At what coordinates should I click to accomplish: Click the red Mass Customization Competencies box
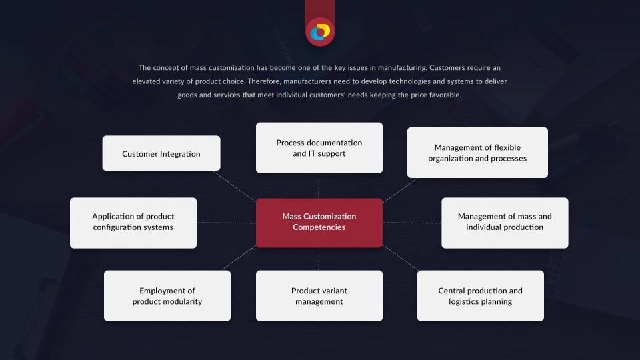click(319, 223)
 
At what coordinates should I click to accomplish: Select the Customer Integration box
click(161, 153)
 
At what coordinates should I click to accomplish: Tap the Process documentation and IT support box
click(319, 148)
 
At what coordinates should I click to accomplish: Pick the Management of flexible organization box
click(477, 153)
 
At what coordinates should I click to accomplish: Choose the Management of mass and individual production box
click(505, 223)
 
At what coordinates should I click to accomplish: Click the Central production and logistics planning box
click(481, 296)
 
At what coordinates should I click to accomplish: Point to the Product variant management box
click(319, 296)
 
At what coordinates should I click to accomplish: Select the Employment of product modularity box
click(167, 296)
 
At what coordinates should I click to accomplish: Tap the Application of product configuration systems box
click(133, 223)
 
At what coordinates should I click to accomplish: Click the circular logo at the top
click(320, 32)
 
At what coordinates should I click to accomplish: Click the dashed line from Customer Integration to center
click(234, 186)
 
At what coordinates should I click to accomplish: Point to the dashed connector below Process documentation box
click(319, 186)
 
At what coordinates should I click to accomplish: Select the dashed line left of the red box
click(227, 223)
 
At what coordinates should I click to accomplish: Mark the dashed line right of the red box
click(412, 223)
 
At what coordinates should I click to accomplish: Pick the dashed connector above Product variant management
click(319, 259)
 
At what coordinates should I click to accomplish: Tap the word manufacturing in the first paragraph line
click(402, 68)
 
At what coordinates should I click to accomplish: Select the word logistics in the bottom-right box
click(464, 301)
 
